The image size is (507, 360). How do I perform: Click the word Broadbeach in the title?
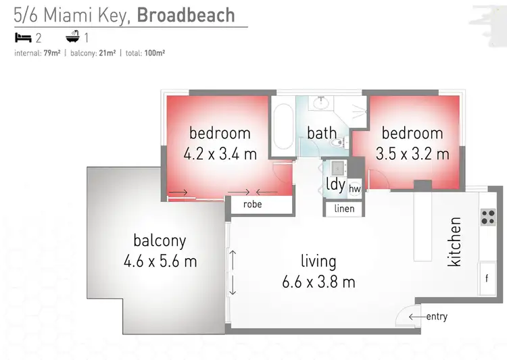tap(186, 16)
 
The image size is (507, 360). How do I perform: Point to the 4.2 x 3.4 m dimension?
tap(220, 154)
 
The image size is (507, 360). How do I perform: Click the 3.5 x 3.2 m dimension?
tap(412, 154)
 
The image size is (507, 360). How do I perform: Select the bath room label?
tap(321, 132)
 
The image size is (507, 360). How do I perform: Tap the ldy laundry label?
tap(335, 184)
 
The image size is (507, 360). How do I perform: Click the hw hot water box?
tap(355, 189)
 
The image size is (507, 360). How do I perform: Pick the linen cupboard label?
tap(344, 209)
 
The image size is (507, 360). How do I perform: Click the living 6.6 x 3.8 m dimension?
tap(318, 282)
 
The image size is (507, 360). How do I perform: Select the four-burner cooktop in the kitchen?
tap(488, 217)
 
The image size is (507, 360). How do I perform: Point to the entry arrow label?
tap(428, 316)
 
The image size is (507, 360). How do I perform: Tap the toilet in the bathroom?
tap(341, 140)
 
